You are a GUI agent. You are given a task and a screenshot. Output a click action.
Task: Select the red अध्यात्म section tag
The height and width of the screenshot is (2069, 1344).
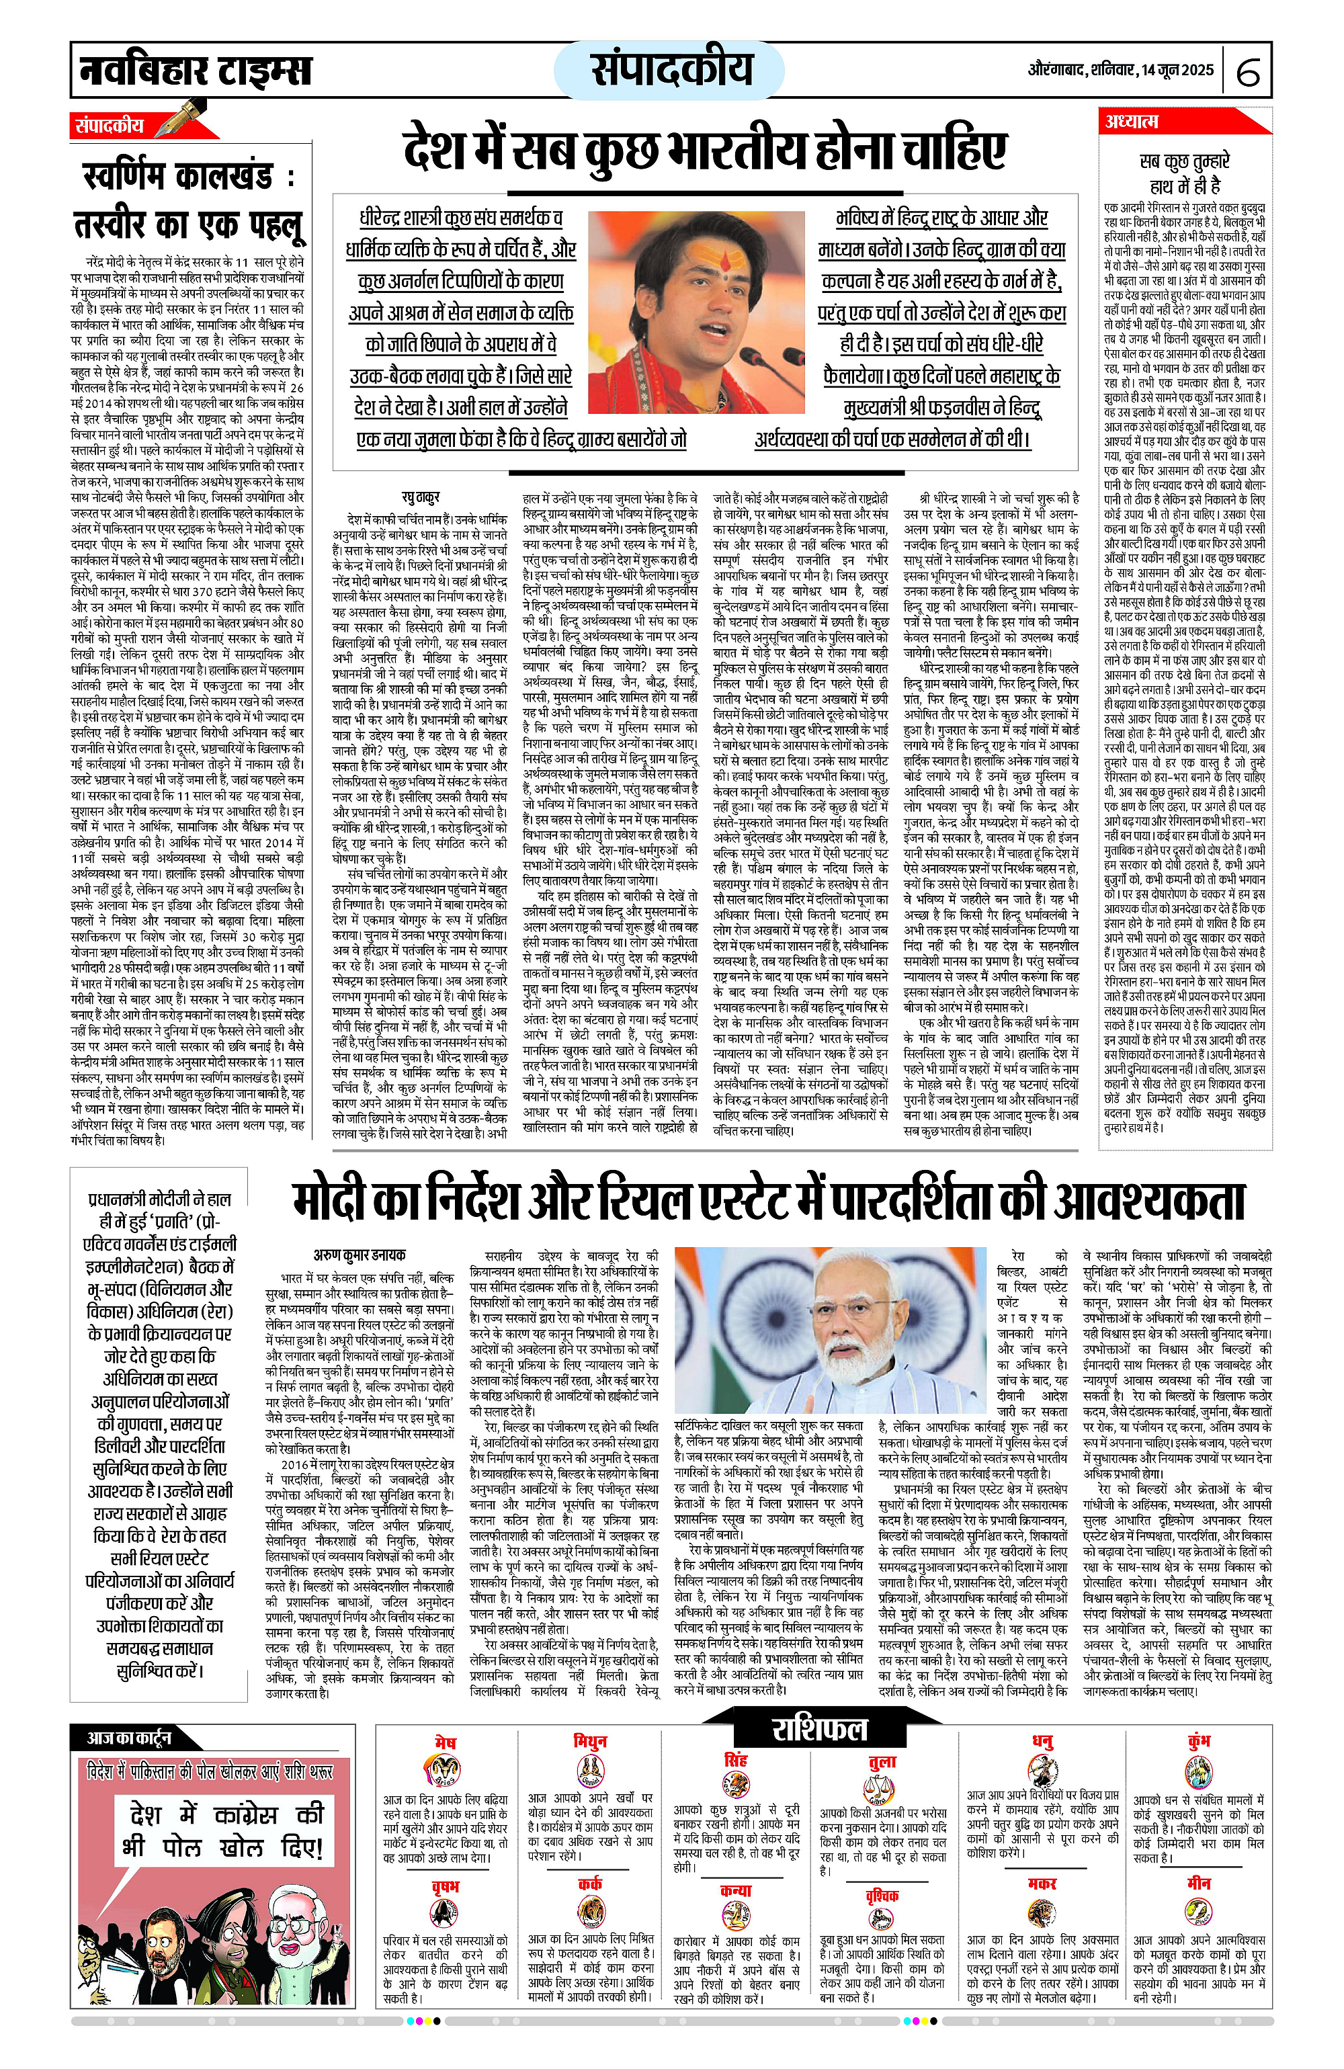click(1132, 122)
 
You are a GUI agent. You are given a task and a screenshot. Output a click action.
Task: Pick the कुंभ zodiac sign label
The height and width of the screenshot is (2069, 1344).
click(1199, 1741)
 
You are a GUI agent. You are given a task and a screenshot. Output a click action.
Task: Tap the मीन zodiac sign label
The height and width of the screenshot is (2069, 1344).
click(1199, 1883)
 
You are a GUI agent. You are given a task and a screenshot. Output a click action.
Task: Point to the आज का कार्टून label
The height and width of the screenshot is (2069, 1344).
click(128, 1737)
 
